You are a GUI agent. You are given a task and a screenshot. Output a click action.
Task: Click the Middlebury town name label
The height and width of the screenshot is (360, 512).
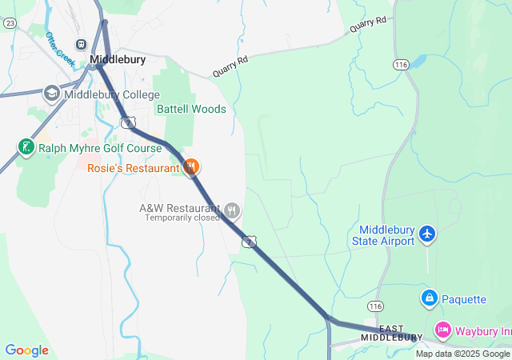pyautogui.click(x=118, y=59)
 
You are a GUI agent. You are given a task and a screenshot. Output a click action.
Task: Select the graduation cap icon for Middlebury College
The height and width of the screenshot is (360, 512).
pyautogui.click(x=52, y=94)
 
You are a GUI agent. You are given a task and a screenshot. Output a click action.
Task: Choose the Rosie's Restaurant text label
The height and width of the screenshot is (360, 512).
pyautogui.click(x=134, y=168)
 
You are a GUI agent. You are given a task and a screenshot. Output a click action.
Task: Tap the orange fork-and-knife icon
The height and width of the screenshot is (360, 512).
pyautogui.click(x=190, y=167)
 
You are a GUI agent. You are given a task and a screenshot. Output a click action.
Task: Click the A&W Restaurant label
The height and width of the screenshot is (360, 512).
pyautogui.click(x=179, y=208)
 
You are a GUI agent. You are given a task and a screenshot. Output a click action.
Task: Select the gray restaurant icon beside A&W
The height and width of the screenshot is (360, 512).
pyautogui.click(x=232, y=210)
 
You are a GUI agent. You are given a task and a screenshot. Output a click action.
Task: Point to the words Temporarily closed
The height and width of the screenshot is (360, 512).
pyautogui.click(x=182, y=218)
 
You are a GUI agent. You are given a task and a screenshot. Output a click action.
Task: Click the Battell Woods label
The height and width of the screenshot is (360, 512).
pyautogui.click(x=191, y=109)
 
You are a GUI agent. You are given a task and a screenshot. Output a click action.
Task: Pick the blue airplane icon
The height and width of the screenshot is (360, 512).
pyautogui.click(x=428, y=234)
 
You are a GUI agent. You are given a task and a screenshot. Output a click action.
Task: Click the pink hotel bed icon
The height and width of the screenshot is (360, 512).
pyautogui.click(x=443, y=330)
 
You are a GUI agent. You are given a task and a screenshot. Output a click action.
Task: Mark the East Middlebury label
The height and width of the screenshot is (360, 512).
pyautogui.click(x=391, y=333)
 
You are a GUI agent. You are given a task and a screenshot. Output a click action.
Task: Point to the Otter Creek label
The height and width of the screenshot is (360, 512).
pyautogui.click(x=59, y=50)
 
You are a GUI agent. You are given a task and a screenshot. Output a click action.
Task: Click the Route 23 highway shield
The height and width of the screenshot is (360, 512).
pyautogui.click(x=10, y=24)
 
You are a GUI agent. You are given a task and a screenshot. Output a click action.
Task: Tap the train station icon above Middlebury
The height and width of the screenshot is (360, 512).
pyautogui.click(x=81, y=44)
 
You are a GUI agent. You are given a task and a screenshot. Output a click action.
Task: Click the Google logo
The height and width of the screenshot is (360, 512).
pyautogui.click(x=26, y=350)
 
